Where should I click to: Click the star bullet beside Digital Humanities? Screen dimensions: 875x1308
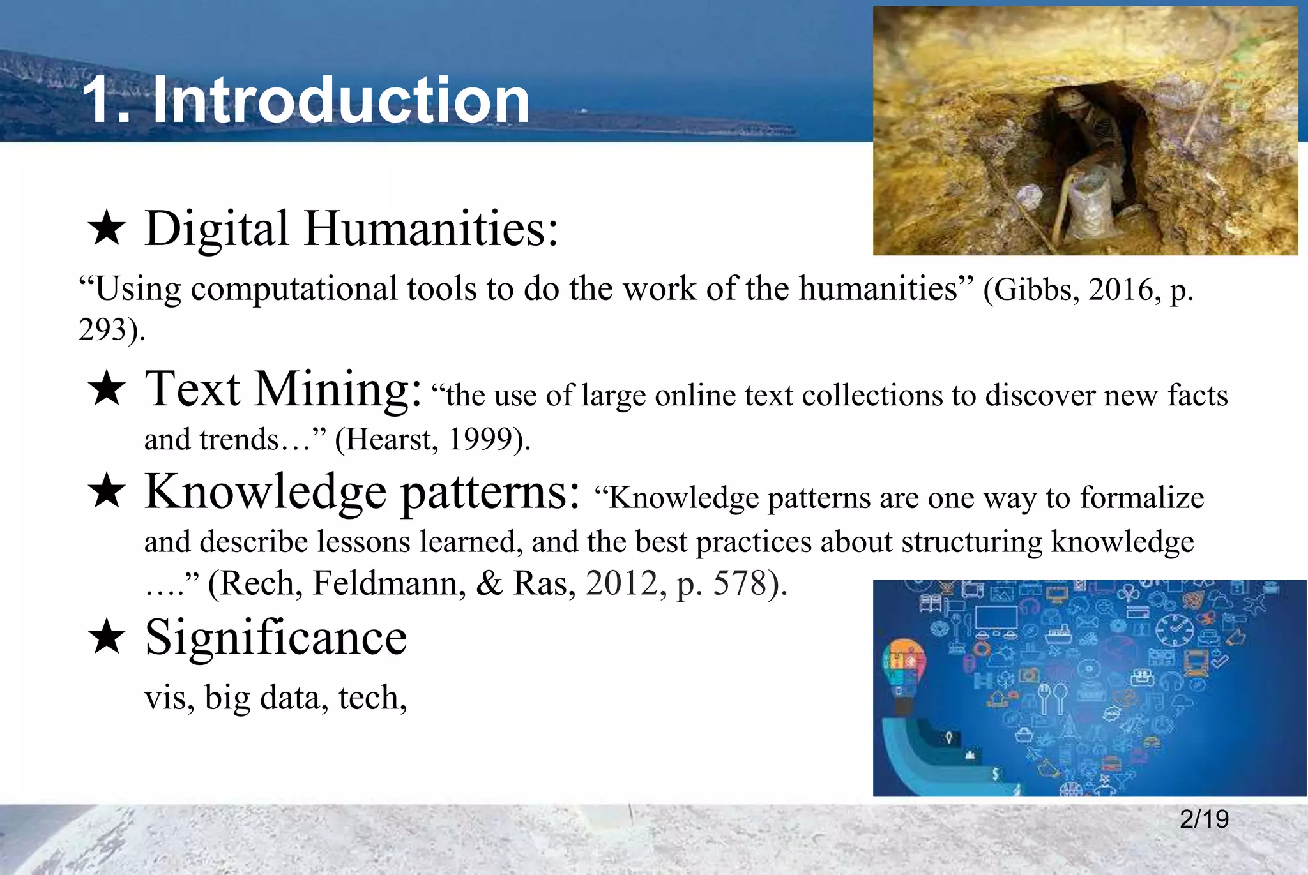tap(107, 230)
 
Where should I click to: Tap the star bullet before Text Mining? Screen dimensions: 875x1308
tap(107, 389)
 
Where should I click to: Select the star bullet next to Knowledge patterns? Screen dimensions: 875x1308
tap(107, 492)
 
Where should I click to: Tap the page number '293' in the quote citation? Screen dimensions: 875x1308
tap(102, 331)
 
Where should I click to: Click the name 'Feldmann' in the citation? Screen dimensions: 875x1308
tap(389, 584)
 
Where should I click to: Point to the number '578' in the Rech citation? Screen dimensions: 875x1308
tap(740, 584)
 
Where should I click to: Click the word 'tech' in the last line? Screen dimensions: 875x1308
tap(369, 698)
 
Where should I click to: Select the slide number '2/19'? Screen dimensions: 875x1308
tap(1204, 819)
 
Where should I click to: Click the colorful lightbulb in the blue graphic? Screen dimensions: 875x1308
tap(902, 667)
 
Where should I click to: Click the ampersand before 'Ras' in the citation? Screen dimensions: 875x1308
tap(489, 584)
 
